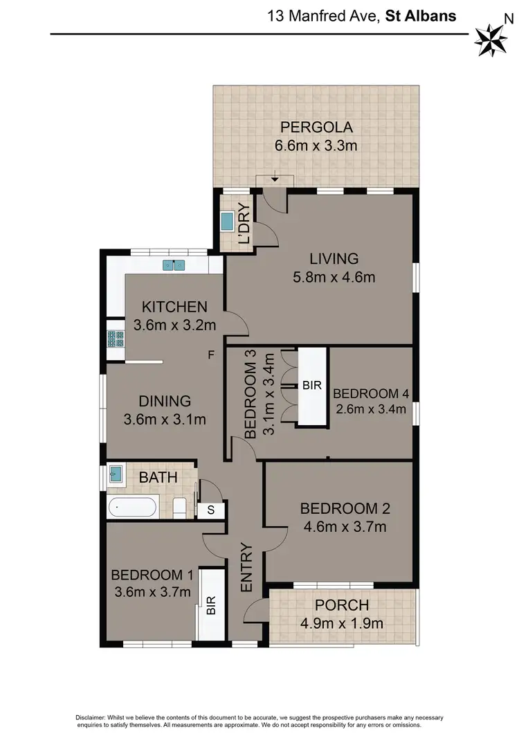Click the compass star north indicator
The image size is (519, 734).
point(491,39)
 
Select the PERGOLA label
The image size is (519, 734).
point(316,127)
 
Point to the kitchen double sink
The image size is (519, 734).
point(173,265)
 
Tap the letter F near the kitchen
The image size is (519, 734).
point(212,355)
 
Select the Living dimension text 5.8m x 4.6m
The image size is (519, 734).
point(334,278)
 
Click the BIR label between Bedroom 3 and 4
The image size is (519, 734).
point(312,386)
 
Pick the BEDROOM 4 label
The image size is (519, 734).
point(371,393)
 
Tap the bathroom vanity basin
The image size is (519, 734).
point(116,476)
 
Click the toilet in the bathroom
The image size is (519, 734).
point(181,508)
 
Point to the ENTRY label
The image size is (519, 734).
point(247,569)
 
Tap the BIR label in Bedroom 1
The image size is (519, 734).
point(211,607)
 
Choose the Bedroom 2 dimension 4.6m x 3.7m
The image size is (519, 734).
point(345,527)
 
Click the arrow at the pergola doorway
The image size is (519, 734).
point(275,180)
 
